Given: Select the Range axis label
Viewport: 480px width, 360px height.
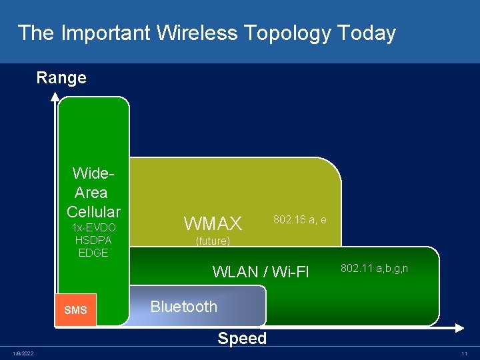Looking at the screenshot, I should (61, 78).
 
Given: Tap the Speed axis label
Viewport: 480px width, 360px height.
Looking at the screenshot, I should (242, 339).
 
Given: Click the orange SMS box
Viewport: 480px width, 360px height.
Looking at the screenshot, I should (75, 310).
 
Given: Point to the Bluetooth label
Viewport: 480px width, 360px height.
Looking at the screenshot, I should (184, 307).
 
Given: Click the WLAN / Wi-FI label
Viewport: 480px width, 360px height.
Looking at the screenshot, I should (261, 272).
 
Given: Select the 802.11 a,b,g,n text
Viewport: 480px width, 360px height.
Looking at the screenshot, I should (374, 268).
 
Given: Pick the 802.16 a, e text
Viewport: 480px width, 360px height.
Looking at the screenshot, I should (299, 219).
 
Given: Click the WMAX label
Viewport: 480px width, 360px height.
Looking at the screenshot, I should (213, 223).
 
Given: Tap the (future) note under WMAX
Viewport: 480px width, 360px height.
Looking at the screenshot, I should (213, 241).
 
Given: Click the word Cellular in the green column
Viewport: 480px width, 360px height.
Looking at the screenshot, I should (93, 212).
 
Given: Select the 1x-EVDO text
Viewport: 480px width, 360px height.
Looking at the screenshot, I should (93, 228).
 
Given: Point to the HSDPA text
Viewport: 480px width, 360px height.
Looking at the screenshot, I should (93, 240).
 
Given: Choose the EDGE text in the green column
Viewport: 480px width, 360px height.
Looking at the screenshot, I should (93, 253).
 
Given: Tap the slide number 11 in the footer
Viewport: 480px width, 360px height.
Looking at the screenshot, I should (463, 353).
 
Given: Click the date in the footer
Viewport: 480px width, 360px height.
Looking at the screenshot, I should (23, 353).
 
